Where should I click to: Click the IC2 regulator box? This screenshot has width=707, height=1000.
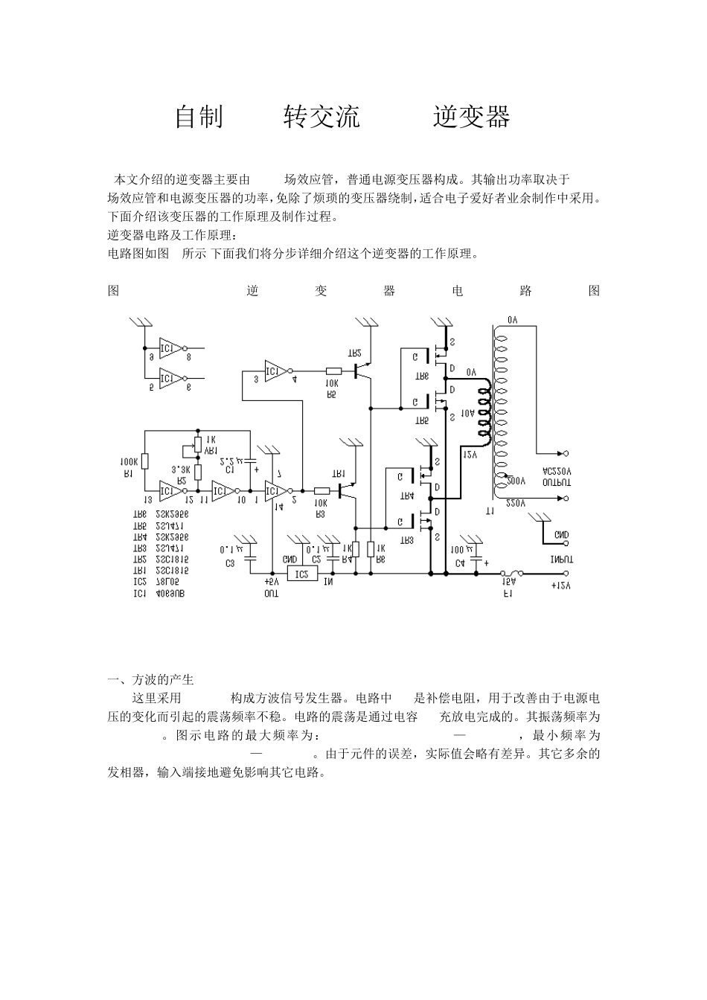pos(301,574)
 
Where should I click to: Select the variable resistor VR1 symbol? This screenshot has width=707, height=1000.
pos(198,447)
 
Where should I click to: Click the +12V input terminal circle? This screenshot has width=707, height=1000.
pos(566,574)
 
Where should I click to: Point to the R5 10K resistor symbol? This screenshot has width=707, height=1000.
pos(333,370)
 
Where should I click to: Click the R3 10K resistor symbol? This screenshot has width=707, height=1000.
pos(321,490)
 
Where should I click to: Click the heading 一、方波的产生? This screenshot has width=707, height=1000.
pos(150,680)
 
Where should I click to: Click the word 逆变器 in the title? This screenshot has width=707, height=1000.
pos(471,118)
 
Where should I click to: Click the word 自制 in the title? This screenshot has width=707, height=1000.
pos(199,118)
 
